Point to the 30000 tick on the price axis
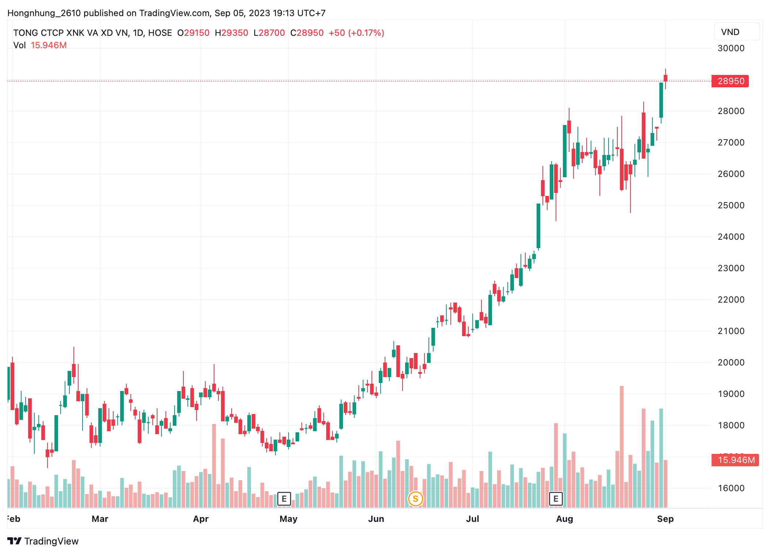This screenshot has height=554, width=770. (x=731, y=48)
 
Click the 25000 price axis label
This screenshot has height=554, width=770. (x=731, y=205)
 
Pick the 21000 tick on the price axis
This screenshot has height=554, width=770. (x=731, y=331)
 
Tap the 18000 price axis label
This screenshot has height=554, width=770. (x=731, y=425)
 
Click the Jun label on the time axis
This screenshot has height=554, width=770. (x=376, y=519)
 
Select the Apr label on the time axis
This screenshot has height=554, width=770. (x=201, y=519)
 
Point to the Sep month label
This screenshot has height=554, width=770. (x=665, y=519)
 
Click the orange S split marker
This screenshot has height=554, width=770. (x=415, y=499)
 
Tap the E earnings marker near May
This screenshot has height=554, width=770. (x=284, y=499)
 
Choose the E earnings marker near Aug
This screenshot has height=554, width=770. (x=556, y=499)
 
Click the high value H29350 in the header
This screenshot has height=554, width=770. (x=232, y=33)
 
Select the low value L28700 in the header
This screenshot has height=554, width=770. (x=269, y=33)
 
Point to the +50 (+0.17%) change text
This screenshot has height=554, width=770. (x=356, y=33)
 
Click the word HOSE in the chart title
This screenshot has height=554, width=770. (x=160, y=33)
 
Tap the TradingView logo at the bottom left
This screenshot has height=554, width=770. (x=43, y=541)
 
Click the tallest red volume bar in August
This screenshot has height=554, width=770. (x=622, y=446)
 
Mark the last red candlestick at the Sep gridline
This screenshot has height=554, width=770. (x=666, y=78)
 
